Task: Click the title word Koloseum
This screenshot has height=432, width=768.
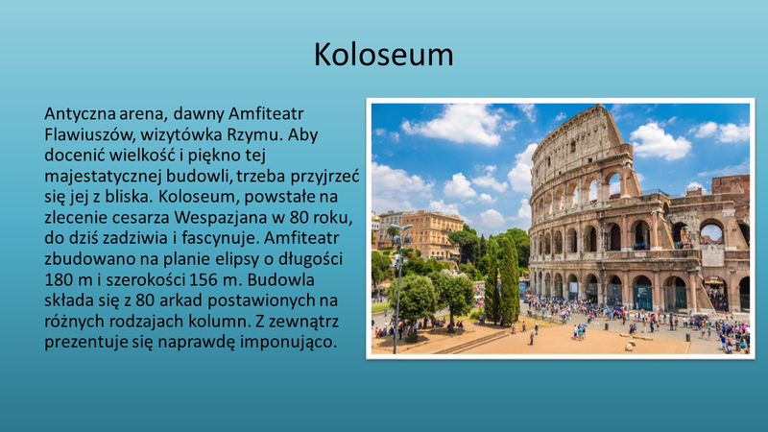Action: point(383,55)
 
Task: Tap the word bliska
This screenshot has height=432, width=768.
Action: point(128,197)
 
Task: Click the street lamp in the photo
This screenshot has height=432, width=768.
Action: point(397,288)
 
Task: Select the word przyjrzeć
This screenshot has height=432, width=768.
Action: point(325,177)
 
